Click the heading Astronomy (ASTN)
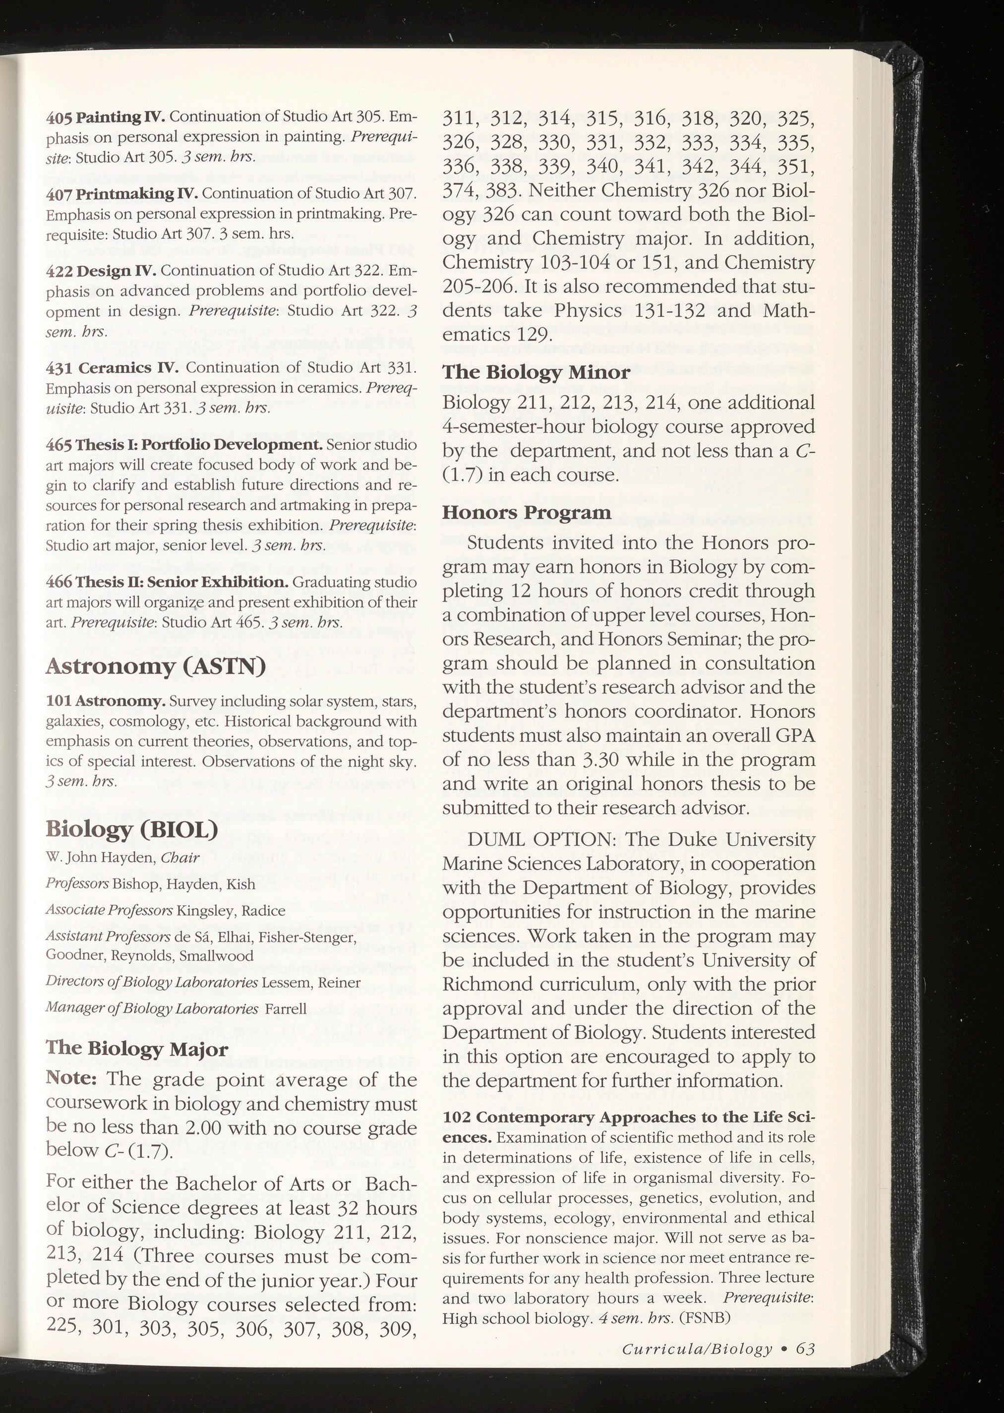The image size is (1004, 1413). point(155,666)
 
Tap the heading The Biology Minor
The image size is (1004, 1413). point(536,373)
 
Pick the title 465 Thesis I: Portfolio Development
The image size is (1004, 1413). point(184,445)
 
